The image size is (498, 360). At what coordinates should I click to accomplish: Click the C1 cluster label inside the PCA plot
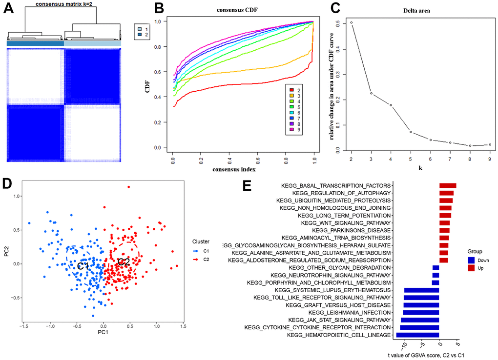click(83, 266)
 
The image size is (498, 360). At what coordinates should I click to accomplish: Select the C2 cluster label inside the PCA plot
click(124, 262)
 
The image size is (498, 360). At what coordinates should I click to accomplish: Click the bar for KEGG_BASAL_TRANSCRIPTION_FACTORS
click(448, 185)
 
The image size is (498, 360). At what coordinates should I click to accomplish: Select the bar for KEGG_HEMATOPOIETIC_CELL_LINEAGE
click(417, 335)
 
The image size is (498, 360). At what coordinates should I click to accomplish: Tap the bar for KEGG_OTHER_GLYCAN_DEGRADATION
click(436, 268)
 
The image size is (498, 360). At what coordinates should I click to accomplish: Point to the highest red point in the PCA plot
click(128, 186)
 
